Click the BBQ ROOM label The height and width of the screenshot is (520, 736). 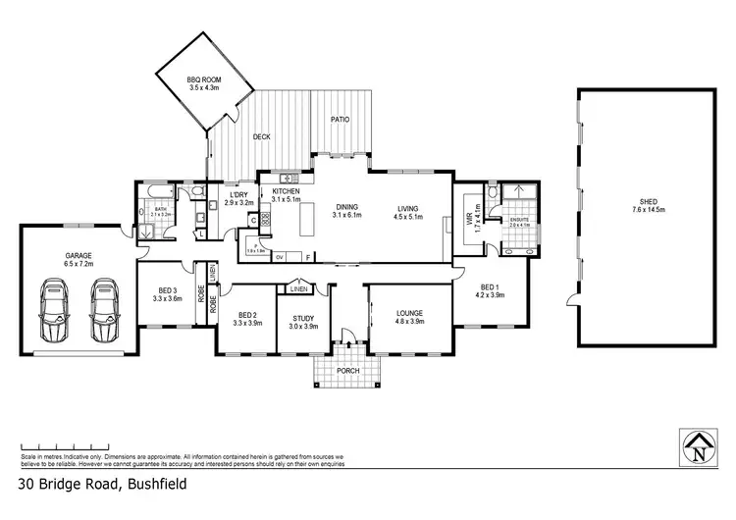coord(205,83)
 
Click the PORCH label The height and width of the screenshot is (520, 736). coord(346,371)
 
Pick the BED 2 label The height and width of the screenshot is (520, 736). coord(246,318)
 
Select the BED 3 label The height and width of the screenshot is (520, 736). coord(167,293)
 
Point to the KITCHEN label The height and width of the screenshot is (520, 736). coord(286,195)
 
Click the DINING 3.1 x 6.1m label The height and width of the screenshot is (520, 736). coord(347,210)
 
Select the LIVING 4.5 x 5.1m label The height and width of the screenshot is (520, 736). coord(407,212)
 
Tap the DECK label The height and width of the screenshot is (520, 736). coord(262,136)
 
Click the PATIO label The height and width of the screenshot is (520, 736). coord(340,120)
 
